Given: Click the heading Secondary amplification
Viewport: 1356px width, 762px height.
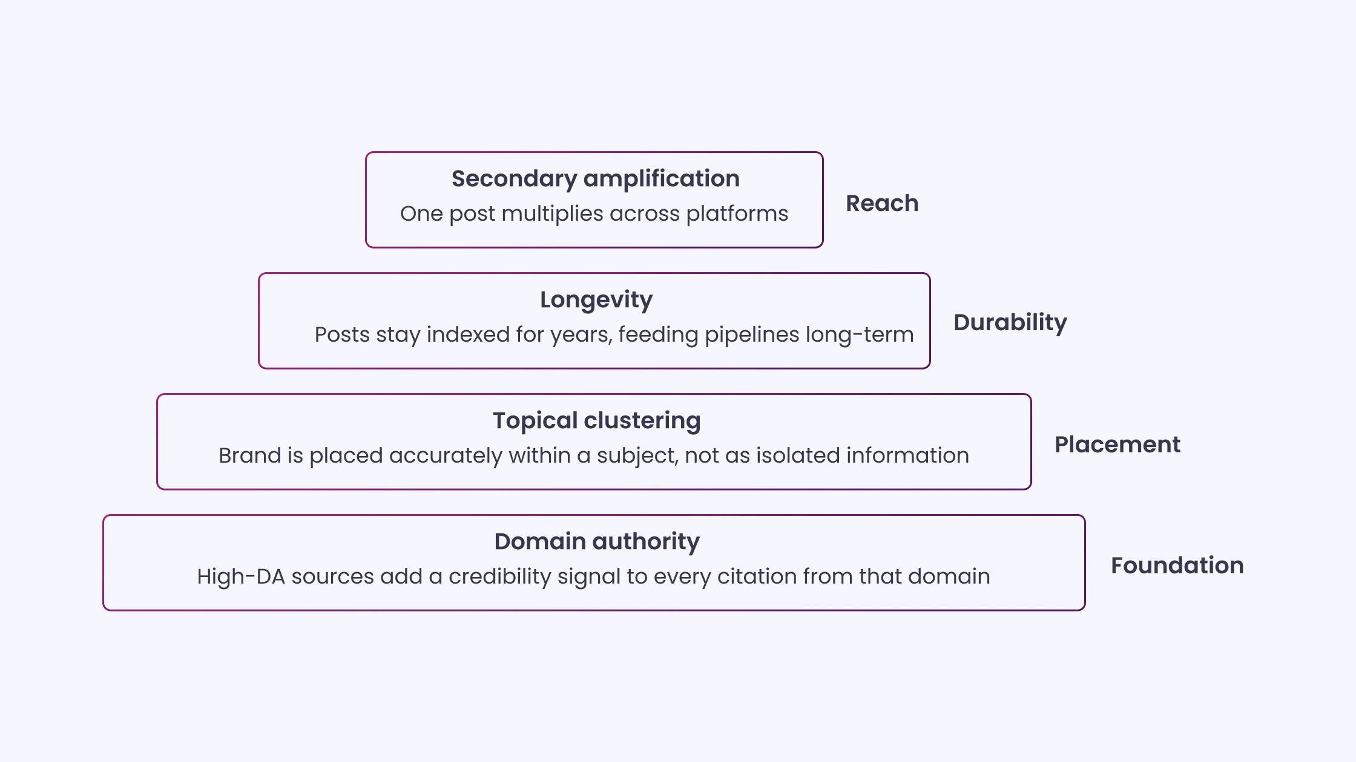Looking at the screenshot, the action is (596, 179).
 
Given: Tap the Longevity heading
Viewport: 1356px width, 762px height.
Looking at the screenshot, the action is (596, 300).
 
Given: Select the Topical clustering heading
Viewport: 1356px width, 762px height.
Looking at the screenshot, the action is (597, 421).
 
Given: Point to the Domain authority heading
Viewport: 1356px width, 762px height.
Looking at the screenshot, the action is (597, 542).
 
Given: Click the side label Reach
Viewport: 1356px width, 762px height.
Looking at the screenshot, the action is (882, 203).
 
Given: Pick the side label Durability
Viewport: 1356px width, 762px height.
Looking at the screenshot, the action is (1010, 323).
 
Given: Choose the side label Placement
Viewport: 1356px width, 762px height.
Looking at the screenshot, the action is (1117, 444).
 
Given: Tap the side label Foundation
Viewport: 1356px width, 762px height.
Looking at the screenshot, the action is (1177, 565).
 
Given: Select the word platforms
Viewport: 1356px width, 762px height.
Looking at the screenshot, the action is (737, 214).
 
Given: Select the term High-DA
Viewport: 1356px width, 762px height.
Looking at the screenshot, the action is (241, 577).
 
